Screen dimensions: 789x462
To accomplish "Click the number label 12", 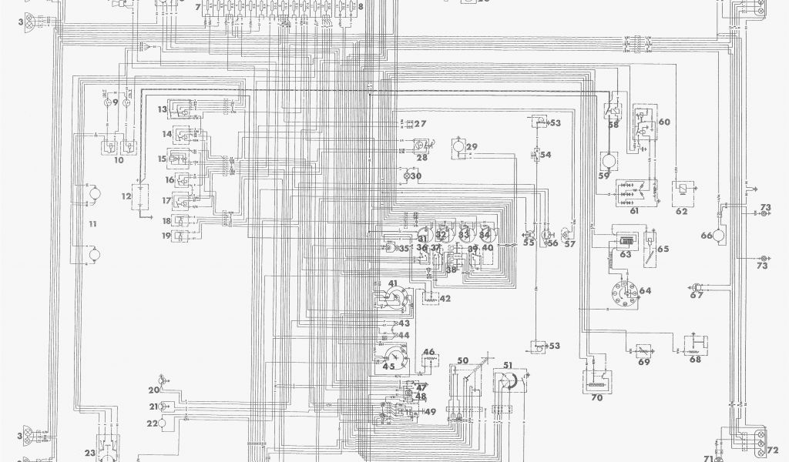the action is point(126,196).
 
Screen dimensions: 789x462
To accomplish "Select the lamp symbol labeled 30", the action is point(405,176).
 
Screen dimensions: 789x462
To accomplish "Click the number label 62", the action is point(681,210).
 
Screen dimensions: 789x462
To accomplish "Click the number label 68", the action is point(696,358).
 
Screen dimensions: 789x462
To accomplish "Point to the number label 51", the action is point(508,365).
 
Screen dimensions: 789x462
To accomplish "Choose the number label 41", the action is point(394,284).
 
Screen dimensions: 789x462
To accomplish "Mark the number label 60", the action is point(664,122).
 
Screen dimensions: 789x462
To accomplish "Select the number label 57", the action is point(570,244).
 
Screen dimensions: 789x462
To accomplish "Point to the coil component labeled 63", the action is point(622,240).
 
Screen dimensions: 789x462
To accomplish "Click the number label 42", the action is point(445,299).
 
